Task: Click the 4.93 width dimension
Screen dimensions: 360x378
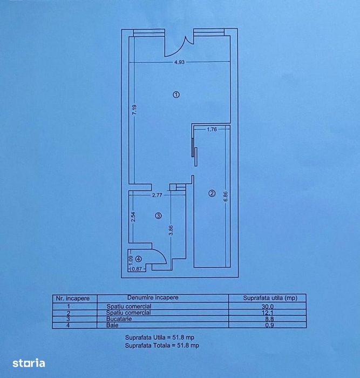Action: point(179,62)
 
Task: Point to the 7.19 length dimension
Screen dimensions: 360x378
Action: point(135,110)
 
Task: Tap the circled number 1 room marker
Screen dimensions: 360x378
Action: point(176,94)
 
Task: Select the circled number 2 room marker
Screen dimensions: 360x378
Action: point(212,193)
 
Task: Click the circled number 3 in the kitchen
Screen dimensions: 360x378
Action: point(158,216)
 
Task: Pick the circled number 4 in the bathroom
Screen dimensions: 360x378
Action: point(139,259)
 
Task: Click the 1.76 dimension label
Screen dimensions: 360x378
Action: point(212,130)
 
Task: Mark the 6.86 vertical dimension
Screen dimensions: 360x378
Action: point(226,197)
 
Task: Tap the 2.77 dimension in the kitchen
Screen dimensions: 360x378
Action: point(157,195)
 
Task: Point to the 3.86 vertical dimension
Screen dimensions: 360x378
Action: point(171,230)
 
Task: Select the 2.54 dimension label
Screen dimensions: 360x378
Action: point(133,217)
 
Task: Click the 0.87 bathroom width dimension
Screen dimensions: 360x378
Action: point(137,269)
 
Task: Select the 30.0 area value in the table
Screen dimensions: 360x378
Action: point(268,307)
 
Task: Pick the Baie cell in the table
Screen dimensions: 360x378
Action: point(112,325)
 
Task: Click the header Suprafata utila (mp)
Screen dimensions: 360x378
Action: point(270,298)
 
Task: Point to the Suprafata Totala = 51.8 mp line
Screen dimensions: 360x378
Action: point(162,346)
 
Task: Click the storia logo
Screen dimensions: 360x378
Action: point(29,363)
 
